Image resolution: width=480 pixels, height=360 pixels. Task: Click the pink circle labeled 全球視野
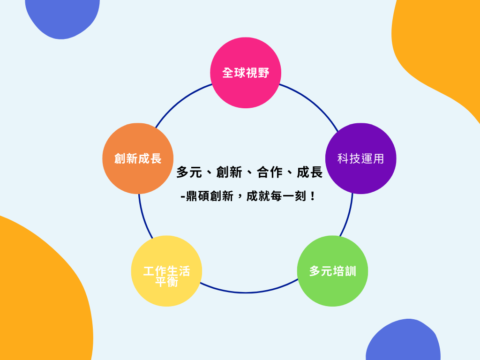coord(246,73)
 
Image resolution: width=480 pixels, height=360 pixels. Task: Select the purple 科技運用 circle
coord(360,158)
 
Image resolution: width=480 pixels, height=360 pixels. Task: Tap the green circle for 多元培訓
coord(332,271)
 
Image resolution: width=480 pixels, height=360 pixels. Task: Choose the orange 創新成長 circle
coord(138,158)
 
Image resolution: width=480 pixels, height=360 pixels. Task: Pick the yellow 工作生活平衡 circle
coord(166,271)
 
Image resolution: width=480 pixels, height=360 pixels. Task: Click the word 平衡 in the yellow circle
coord(166,282)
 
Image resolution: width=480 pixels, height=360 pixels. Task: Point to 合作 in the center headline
coord(270,172)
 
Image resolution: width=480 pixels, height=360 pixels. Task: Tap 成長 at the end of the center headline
coord(310,172)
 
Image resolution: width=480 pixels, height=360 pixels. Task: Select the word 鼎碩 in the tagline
coord(197,196)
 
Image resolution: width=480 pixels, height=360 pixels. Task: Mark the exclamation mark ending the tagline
coord(313,196)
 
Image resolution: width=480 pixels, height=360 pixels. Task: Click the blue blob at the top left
coord(62,16)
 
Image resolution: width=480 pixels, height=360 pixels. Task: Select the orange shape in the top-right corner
coord(441,47)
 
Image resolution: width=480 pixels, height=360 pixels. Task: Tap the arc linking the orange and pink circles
coord(180,101)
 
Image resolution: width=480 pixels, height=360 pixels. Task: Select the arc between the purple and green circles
coord(347,216)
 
